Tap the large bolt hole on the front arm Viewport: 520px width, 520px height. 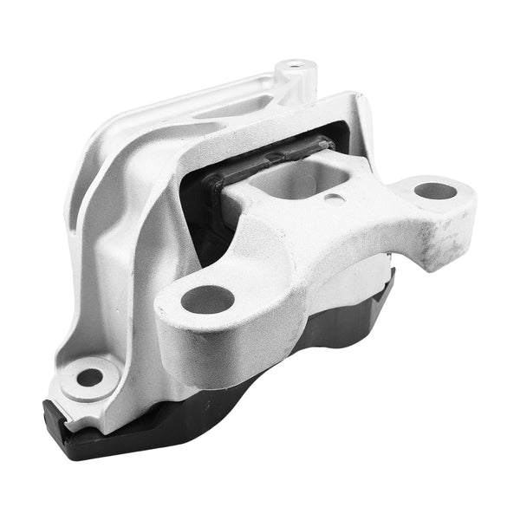point(208,300)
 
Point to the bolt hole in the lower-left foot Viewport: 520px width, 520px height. point(89,377)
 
